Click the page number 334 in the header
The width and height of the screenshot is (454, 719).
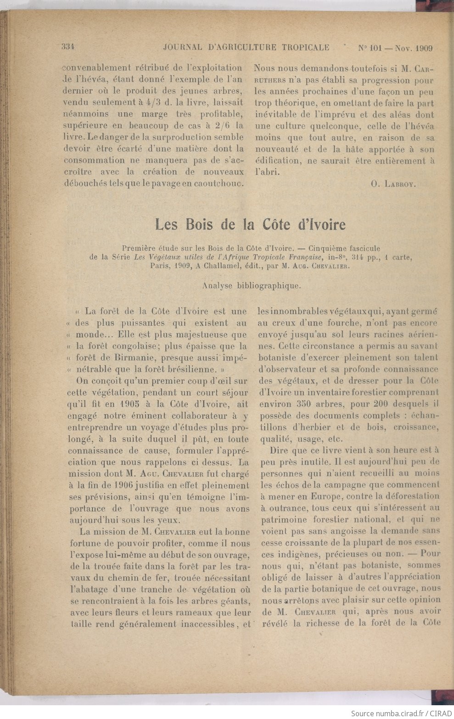tap(68, 47)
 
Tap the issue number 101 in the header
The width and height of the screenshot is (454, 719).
tap(376, 48)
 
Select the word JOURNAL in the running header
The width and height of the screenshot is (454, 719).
tap(183, 47)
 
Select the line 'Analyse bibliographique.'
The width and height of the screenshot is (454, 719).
tap(251, 285)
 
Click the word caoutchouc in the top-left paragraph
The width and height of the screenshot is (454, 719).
tap(219, 184)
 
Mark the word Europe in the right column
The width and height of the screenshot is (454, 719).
tap(327, 496)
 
